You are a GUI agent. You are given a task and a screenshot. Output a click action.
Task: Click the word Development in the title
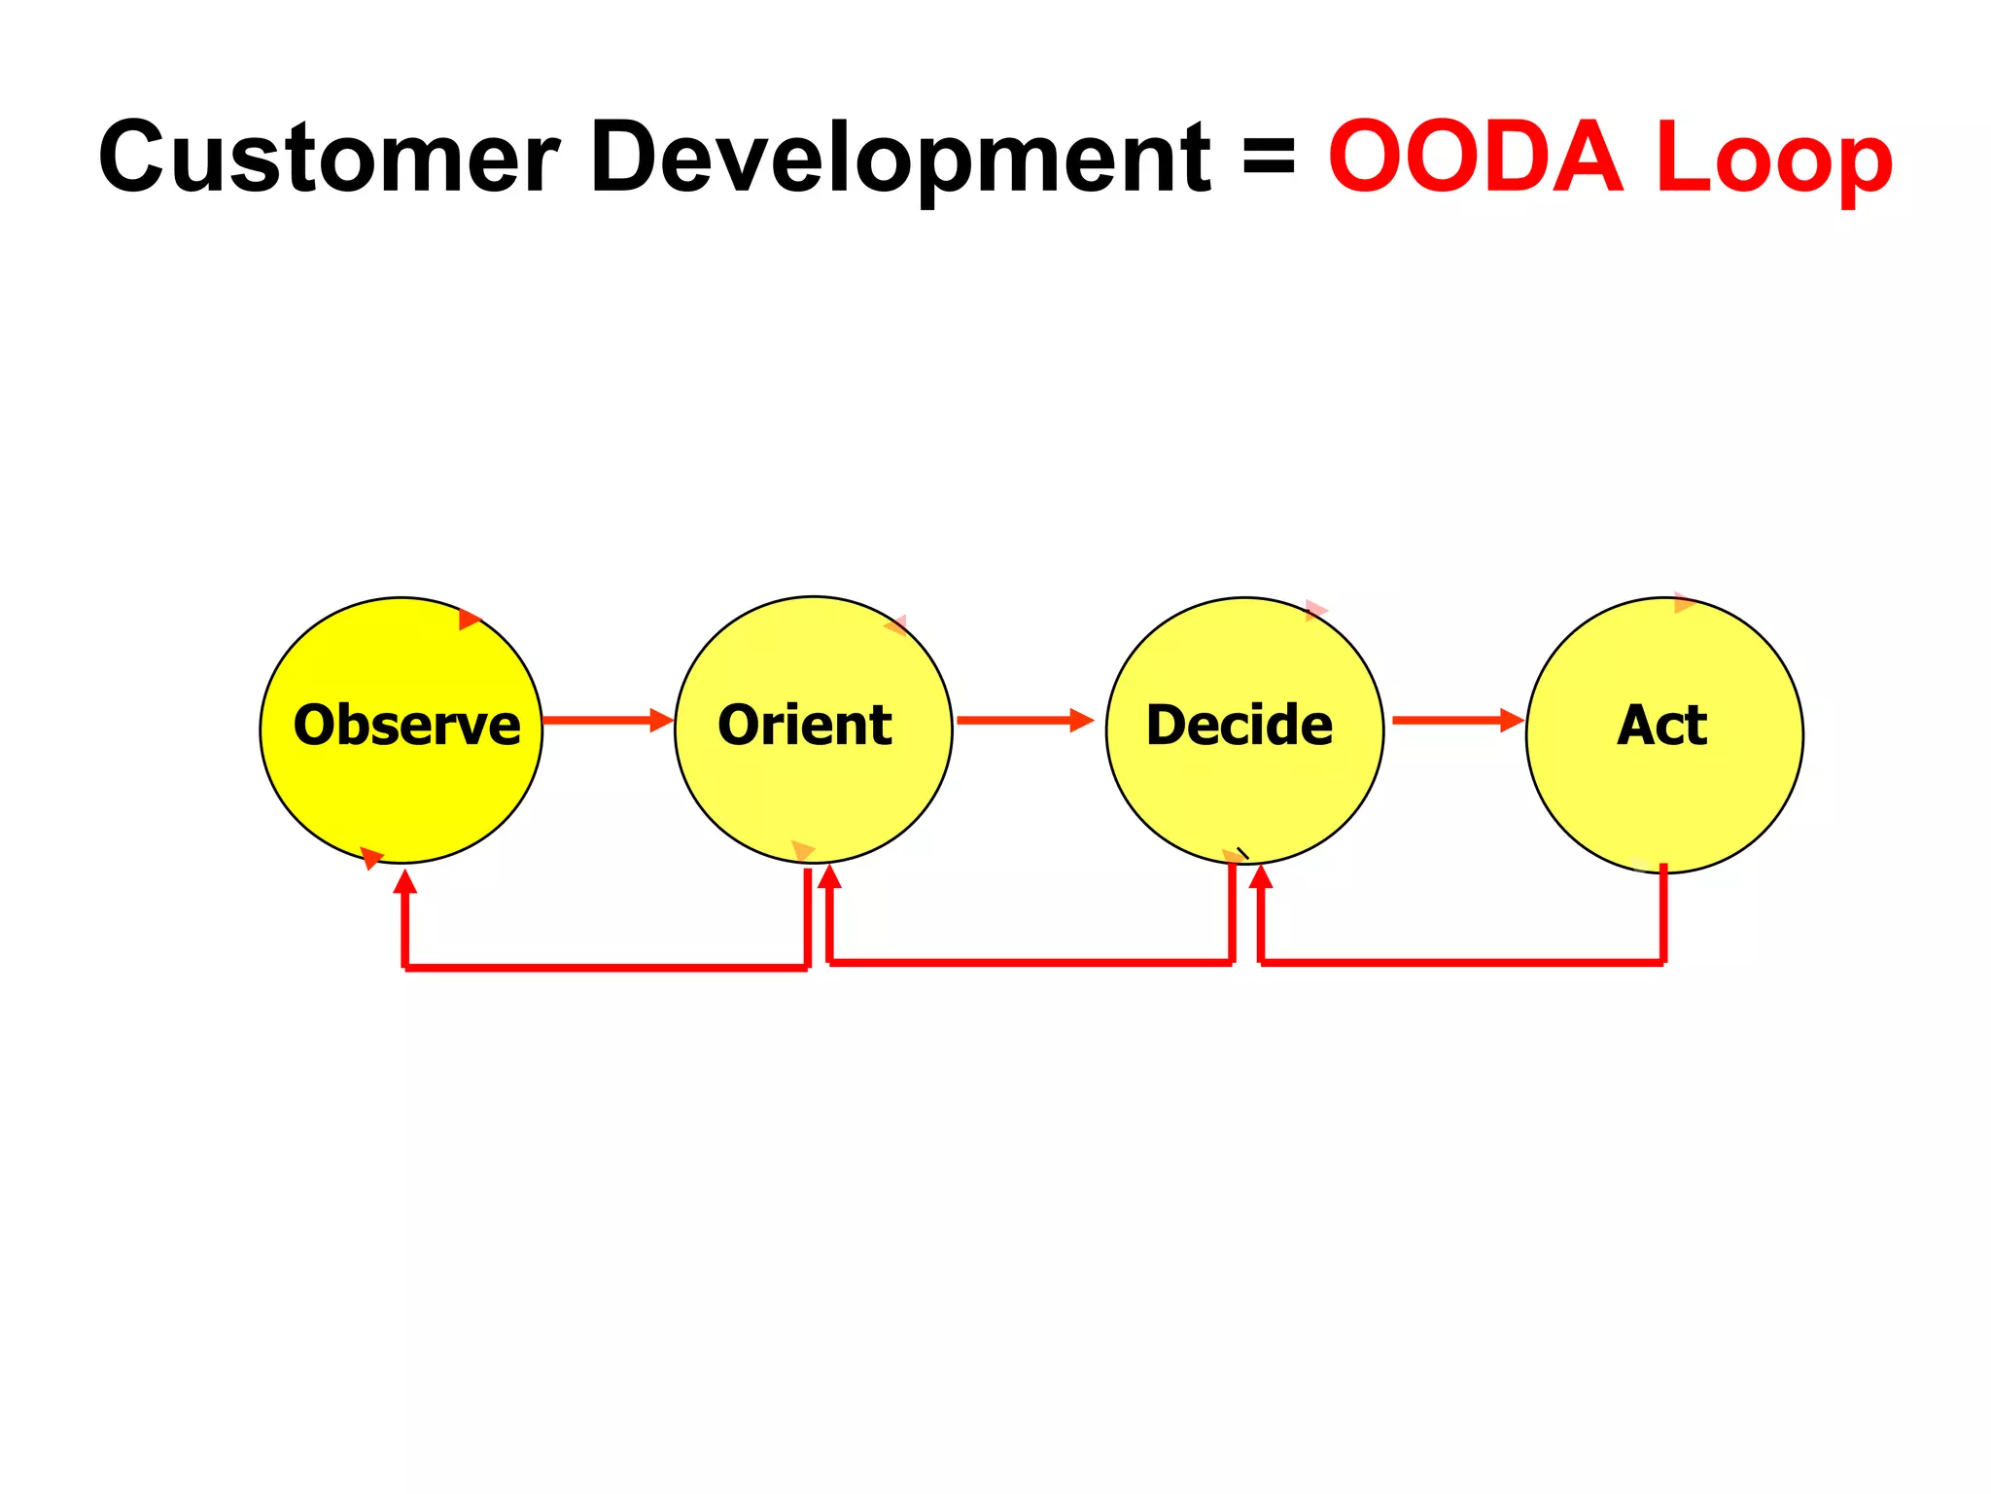(900, 158)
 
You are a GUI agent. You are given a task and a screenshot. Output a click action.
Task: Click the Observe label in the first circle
(406, 726)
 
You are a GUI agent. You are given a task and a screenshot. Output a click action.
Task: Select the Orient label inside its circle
(805, 726)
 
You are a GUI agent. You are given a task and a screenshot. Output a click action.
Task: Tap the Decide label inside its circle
(1240, 726)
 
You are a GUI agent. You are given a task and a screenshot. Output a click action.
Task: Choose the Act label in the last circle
(1661, 726)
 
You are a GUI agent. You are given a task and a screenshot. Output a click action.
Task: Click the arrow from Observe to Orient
(608, 721)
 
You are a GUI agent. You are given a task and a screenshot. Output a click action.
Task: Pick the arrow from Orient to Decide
(1025, 721)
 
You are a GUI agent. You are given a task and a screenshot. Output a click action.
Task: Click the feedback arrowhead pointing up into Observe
(405, 881)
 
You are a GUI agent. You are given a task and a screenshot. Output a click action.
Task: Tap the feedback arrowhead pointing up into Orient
(829, 875)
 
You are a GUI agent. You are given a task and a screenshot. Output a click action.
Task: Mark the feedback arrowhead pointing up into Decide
(1261, 875)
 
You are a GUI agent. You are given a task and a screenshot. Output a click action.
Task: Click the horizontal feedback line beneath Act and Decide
(1462, 962)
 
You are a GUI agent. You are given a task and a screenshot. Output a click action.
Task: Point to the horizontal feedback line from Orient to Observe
(606, 968)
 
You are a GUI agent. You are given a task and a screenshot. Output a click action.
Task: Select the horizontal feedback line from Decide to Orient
(1030, 962)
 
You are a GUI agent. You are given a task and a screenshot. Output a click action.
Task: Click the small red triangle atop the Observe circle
(469, 619)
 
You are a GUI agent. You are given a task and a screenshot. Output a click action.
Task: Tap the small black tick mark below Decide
(1242, 853)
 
